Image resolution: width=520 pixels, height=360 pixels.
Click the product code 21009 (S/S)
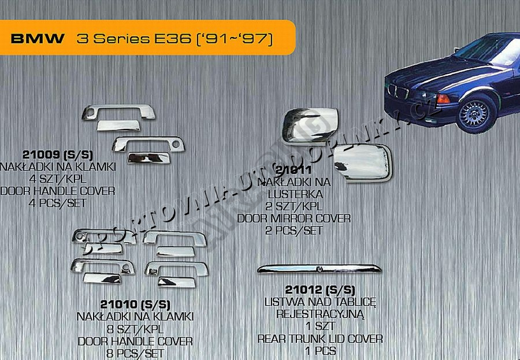coord(58,155)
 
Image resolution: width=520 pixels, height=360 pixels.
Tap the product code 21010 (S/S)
coord(135,304)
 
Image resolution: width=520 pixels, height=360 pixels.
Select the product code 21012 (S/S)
coord(320,289)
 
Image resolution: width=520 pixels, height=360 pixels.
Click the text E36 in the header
coord(180,39)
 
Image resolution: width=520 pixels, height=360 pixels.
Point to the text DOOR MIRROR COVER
coord(294,218)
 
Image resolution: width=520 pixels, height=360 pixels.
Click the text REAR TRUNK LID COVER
coord(320,339)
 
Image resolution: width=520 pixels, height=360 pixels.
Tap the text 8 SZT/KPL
coord(135,329)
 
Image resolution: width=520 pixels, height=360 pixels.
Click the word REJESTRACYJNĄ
coord(320,314)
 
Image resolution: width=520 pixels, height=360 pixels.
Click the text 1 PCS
coord(320,350)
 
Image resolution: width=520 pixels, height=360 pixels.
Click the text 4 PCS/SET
coord(58,203)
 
